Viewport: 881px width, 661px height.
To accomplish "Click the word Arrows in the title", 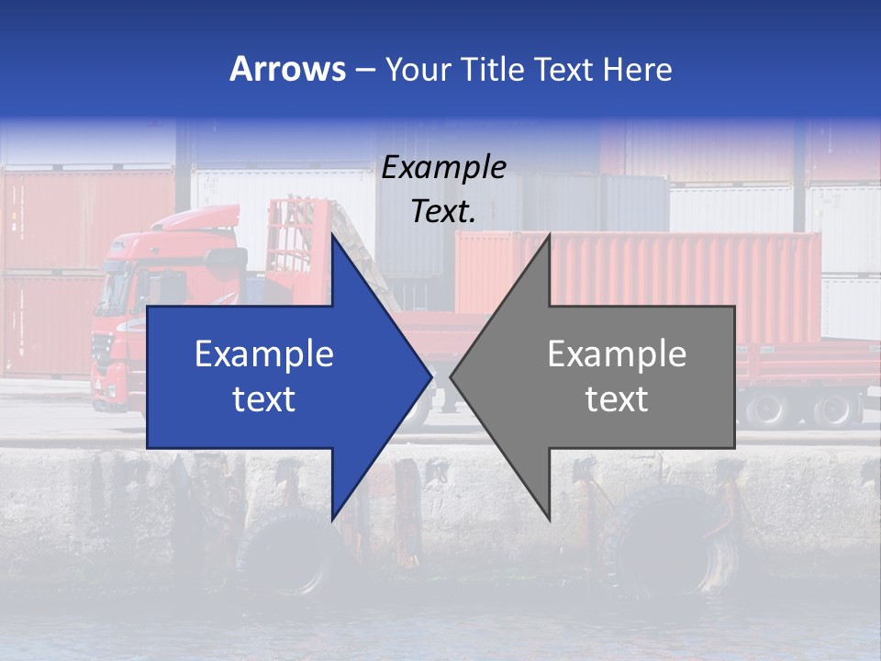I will click(x=287, y=69).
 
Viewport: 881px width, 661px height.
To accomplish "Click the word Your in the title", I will click(x=416, y=69).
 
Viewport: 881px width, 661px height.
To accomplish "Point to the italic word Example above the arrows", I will click(x=443, y=167).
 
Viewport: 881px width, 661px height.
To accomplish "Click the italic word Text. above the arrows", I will click(x=443, y=211).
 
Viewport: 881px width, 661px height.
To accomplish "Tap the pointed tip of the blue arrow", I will click(x=429, y=375).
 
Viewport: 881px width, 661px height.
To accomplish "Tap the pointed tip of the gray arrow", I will click(x=453, y=375).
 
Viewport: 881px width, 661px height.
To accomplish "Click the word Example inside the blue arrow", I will click(x=264, y=354).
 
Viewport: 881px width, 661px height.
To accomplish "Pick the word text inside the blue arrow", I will click(x=264, y=399).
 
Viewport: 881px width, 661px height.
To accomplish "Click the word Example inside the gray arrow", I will click(x=617, y=354).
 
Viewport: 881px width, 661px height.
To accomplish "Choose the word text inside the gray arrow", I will click(x=617, y=399).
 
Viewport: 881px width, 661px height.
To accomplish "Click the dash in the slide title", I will click(x=364, y=70).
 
